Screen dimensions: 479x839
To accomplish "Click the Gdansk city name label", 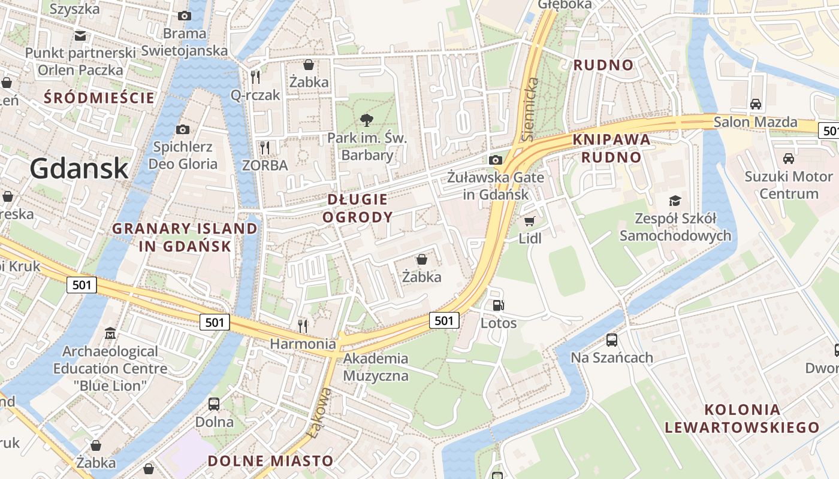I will [x=79, y=168].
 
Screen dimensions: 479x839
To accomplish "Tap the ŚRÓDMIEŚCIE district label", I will [x=99, y=98].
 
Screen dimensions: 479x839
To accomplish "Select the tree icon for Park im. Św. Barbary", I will [x=367, y=120].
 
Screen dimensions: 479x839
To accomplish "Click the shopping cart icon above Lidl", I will [x=529, y=222].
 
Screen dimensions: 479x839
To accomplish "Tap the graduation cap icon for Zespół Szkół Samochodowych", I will [x=675, y=201].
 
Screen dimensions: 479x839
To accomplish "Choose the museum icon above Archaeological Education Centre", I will [x=110, y=333].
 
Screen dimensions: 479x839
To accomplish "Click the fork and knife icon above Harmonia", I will [x=303, y=326].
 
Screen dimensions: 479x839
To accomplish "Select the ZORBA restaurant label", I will [x=265, y=165].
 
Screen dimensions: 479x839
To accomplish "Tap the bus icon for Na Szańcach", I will [x=611, y=340].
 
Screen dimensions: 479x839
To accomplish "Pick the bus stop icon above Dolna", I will [x=214, y=404].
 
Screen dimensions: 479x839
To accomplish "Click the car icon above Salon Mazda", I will [x=755, y=104].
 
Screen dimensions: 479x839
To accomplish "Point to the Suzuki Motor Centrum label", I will [x=789, y=185].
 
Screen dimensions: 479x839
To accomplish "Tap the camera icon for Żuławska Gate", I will [x=495, y=160].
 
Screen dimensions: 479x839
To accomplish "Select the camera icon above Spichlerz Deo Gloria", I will [x=183, y=129].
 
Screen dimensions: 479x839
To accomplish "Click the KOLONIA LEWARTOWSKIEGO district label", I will [x=742, y=419].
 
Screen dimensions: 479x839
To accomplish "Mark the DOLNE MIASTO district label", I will [x=270, y=461].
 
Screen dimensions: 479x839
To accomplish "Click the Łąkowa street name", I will [x=318, y=413].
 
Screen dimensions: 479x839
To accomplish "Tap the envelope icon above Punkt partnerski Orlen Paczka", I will [x=80, y=36].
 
